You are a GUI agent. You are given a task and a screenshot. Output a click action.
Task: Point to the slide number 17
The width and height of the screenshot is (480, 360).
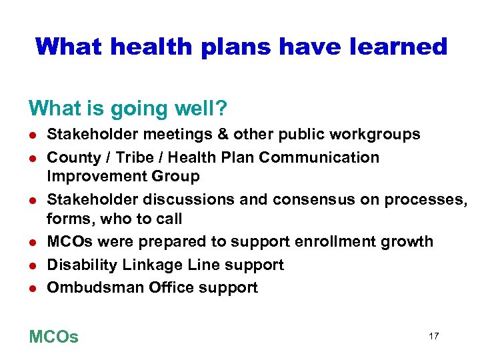433,336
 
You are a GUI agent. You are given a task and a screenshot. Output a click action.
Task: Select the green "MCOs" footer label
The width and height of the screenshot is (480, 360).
53,337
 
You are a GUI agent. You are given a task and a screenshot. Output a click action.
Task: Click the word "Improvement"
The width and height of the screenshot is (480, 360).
89,176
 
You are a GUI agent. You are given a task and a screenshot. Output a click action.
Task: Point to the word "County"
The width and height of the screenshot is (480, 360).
70,157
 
